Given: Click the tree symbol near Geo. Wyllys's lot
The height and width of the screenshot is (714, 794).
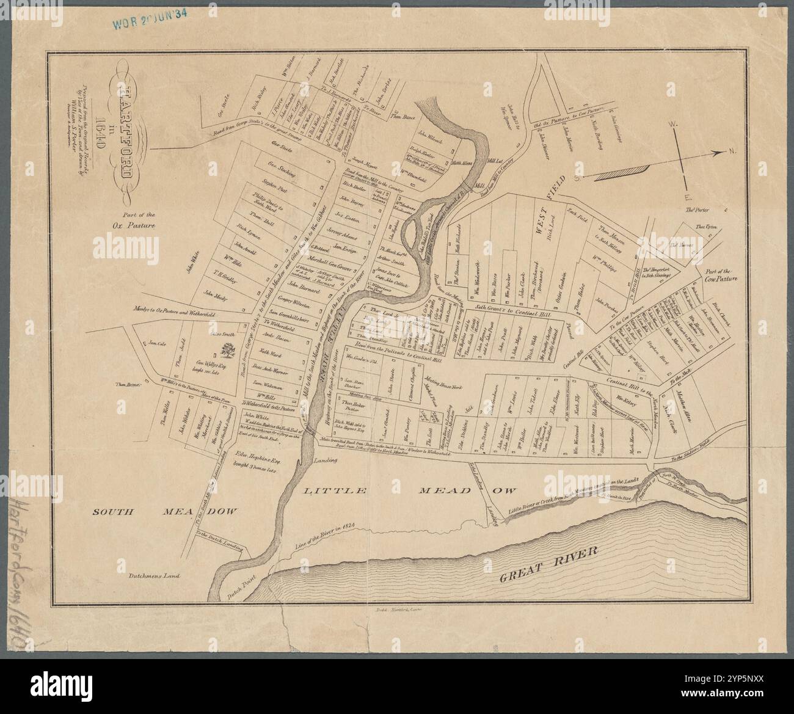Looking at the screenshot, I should click(228, 351).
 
